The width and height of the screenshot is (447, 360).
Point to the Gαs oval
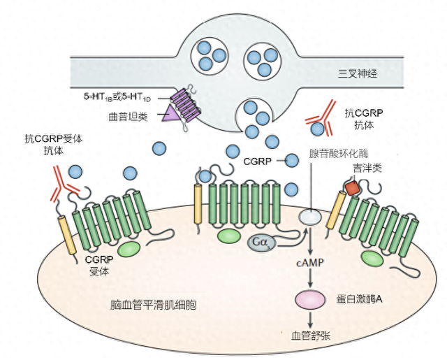[261, 243]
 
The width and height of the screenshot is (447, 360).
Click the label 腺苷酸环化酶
[338, 152]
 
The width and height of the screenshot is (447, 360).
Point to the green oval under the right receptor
[372, 258]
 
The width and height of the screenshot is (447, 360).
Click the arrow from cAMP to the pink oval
[311, 279]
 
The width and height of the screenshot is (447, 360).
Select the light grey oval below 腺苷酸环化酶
[311, 218]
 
